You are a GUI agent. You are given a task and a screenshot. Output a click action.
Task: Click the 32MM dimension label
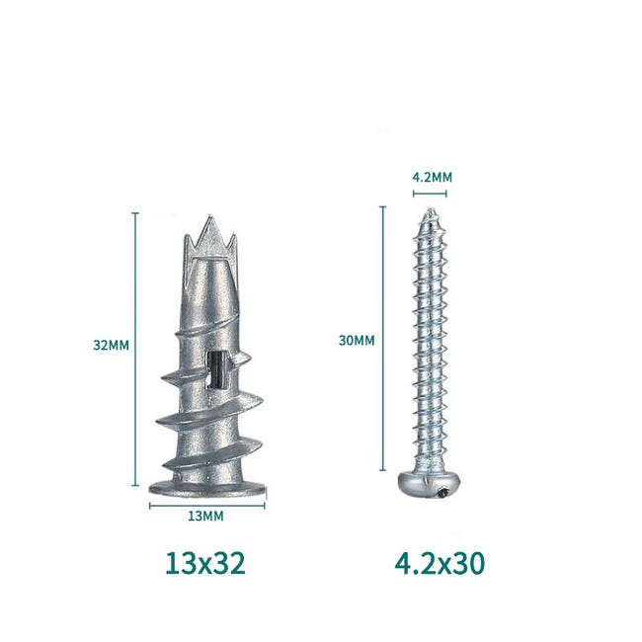click(x=111, y=345)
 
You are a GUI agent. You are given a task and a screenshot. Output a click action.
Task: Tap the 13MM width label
click(x=206, y=517)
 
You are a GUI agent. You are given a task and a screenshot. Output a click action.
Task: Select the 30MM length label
click(x=357, y=340)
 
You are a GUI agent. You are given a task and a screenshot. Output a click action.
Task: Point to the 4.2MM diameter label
click(x=432, y=177)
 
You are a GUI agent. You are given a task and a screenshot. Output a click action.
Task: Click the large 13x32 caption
click(x=205, y=563)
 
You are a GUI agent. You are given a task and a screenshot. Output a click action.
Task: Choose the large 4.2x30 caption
click(x=440, y=563)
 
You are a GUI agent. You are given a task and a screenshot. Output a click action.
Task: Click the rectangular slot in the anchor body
click(x=216, y=369)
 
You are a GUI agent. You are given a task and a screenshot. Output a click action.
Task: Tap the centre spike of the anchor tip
click(x=212, y=233)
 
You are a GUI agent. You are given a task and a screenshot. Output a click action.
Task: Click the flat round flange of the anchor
click(x=208, y=488)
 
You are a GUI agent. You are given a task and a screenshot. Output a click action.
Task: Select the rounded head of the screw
click(x=430, y=484)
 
